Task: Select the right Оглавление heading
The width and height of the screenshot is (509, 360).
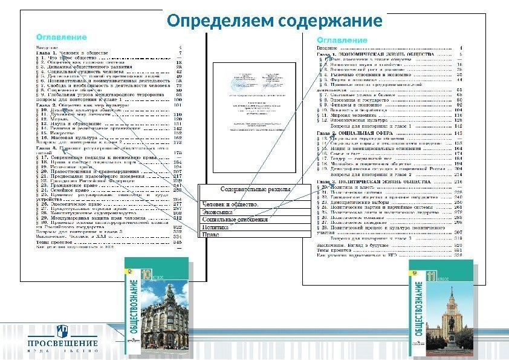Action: click(x=342, y=40)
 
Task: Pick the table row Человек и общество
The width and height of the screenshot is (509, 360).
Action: click(x=230, y=205)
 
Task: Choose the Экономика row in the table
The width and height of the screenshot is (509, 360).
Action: click(x=217, y=212)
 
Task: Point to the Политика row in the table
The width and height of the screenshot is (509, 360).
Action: click(x=215, y=227)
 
